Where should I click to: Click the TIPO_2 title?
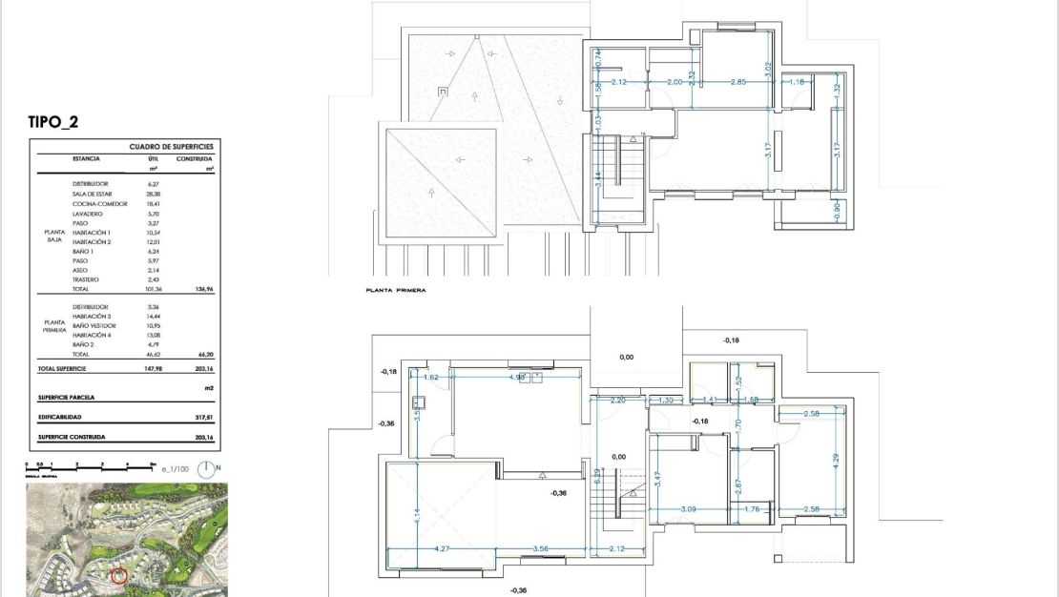click(59, 122)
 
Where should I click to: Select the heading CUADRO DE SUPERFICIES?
click(170, 147)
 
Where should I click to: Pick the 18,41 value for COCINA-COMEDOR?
click(153, 204)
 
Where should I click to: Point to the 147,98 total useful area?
click(153, 367)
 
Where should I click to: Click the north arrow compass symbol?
click(209, 468)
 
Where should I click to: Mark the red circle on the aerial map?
click(119, 574)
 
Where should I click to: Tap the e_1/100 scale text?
click(176, 469)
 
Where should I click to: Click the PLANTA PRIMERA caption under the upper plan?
click(395, 289)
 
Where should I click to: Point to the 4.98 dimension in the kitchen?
click(518, 377)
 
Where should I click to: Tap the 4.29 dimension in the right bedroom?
click(837, 459)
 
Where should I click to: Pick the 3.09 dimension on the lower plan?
click(688, 509)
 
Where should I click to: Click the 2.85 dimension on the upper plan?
click(738, 83)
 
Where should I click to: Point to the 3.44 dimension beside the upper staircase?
click(597, 178)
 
